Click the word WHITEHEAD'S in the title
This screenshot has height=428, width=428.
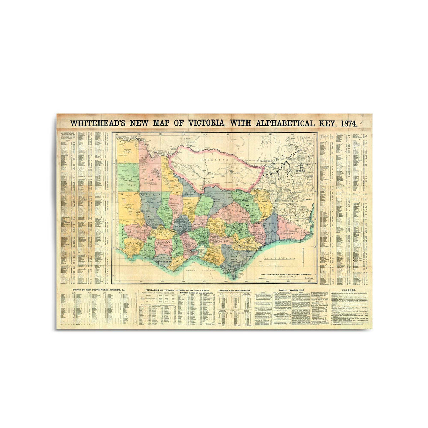(97, 123)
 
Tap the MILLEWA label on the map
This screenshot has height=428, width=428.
(128, 151)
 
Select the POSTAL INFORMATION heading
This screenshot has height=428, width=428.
(291, 290)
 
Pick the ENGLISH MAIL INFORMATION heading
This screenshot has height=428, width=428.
(235, 291)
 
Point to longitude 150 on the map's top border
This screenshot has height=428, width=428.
(314, 134)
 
